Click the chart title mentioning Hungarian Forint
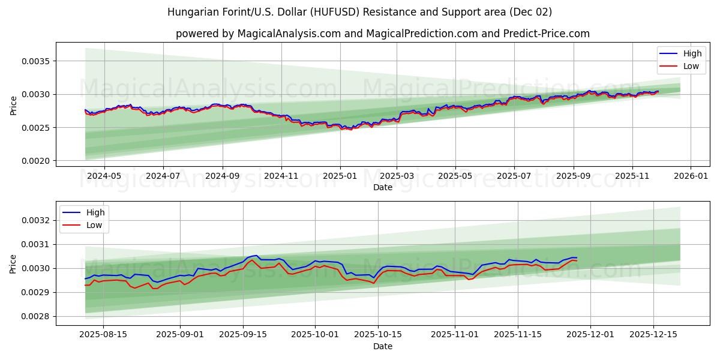(x=359, y=12)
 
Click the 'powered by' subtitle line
(x=382, y=34)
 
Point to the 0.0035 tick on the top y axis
(x=37, y=61)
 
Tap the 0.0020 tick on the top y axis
(x=37, y=161)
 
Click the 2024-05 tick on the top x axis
(x=104, y=176)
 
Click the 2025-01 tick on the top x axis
(x=340, y=176)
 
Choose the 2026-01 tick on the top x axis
(x=691, y=176)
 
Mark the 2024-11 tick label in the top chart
(x=281, y=176)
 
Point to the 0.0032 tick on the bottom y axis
(x=37, y=220)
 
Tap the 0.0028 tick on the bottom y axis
(x=37, y=316)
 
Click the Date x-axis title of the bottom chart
(x=382, y=346)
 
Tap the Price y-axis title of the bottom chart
(x=14, y=263)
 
